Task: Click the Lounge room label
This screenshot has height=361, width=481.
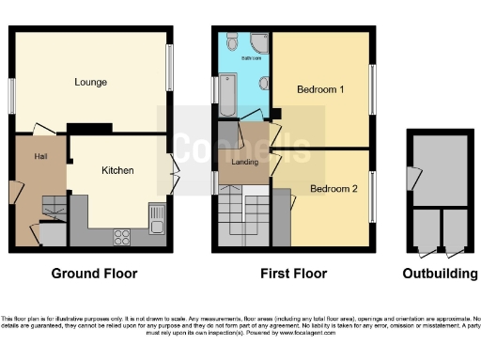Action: (x=91, y=82)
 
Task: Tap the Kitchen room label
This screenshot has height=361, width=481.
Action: (x=118, y=170)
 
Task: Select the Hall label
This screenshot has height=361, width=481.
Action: (x=41, y=155)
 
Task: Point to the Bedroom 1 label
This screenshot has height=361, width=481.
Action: (x=320, y=90)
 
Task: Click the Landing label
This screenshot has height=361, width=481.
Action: (x=244, y=162)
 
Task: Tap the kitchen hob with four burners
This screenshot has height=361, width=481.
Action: (x=122, y=234)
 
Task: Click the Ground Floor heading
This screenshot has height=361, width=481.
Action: (x=93, y=274)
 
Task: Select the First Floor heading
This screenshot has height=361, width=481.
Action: (x=294, y=274)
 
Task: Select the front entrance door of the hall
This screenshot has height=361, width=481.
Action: (x=13, y=192)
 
